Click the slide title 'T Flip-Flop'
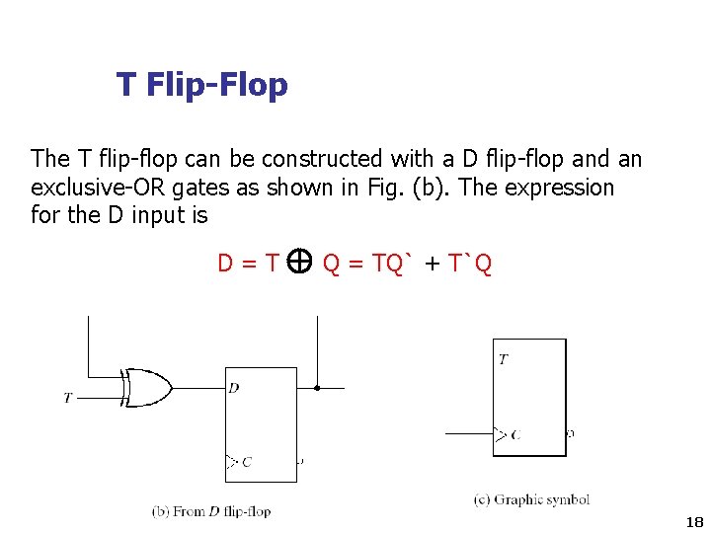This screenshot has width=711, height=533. click(x=201, y=85)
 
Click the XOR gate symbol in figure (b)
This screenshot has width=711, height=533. click(x=145, y=388)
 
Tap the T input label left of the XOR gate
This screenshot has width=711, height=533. click(x=68, y=398)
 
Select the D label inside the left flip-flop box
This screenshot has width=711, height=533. click(x=234, y=388)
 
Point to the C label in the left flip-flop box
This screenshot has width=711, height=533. click(x=246, y=461)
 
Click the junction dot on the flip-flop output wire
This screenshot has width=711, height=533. click(x=317, y=388)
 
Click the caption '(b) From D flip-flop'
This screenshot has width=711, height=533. click(x=211, y=511)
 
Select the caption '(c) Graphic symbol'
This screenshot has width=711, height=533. click(x=531, y=499)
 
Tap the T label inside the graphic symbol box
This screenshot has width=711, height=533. click(x=504, y=359)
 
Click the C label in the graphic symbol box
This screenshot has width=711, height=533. click(x=515, y=434)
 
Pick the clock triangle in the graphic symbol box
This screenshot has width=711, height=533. click(x=501, y=433)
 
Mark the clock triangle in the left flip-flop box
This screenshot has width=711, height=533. click(x=232, y=461)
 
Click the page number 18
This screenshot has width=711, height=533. click(x=692, y=521)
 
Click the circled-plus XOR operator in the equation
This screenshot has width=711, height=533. click(x=301, y=261)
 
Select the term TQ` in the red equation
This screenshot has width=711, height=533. click(x=393, y=263)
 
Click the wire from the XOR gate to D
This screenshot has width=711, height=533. click(x=197, y=388)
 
